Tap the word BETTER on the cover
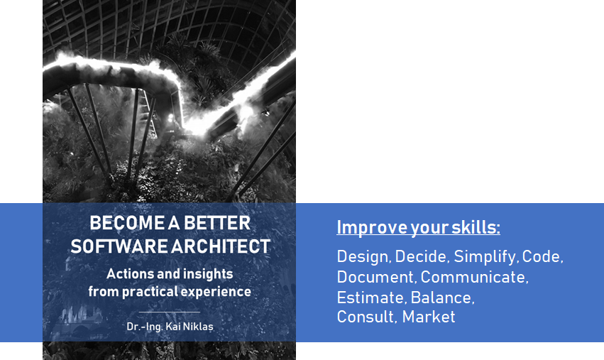217,223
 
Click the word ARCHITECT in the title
221,246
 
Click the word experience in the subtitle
216,292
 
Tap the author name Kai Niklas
189,327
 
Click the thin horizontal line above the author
170,312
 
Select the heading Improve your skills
418,227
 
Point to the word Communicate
474,277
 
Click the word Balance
442,298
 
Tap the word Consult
367,317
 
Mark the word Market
429,317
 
